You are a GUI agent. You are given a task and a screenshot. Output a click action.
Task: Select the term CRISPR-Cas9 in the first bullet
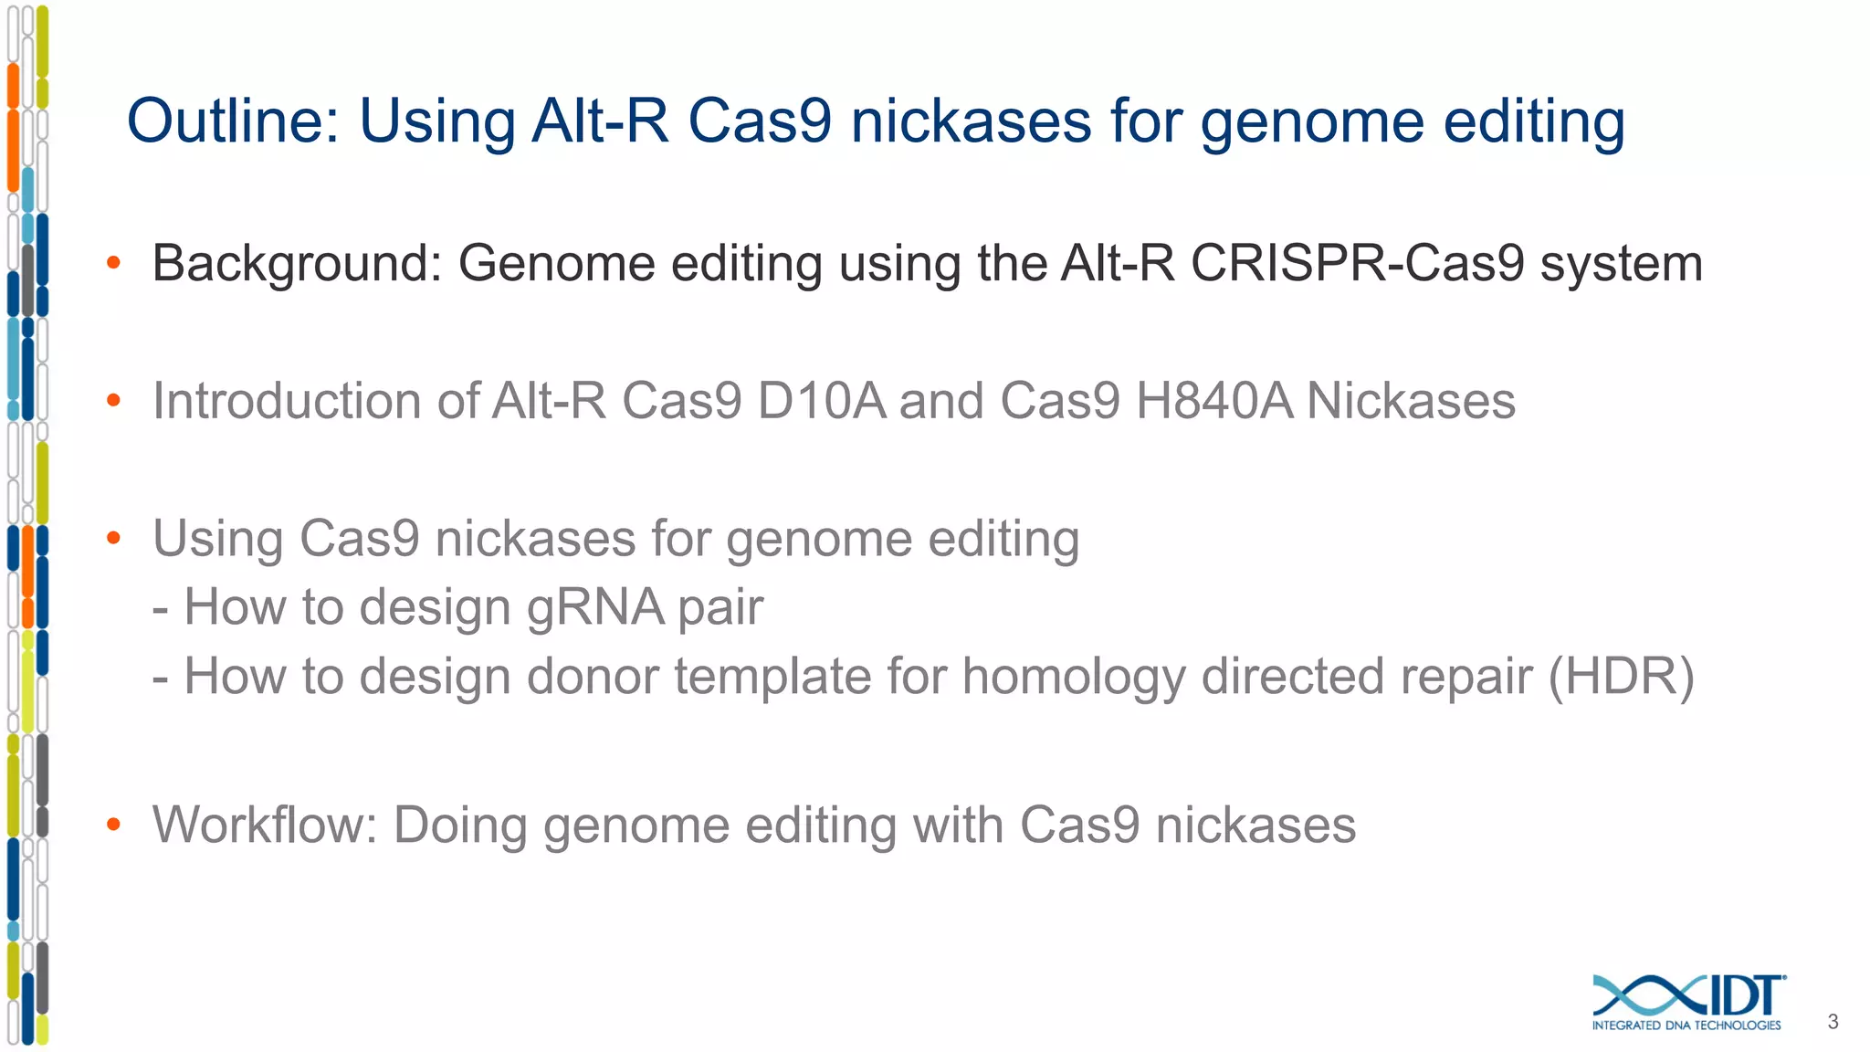tap(1357, 264)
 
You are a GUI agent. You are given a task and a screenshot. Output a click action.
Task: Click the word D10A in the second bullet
tap(821, 401)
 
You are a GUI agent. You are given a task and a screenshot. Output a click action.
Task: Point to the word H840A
tap(1213, 401)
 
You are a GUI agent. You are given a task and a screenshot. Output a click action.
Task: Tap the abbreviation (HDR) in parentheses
tap(1621, 677)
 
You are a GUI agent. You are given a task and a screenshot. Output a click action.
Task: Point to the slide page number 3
tap(1833, 1022)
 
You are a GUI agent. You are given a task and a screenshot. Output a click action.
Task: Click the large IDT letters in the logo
tap(1744, 995)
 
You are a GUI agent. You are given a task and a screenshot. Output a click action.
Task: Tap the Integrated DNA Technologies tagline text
tap(1686, 1026)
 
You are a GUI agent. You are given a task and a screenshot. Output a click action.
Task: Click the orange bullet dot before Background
tap(113, 263)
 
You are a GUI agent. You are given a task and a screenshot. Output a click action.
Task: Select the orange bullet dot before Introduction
tap(113, 400)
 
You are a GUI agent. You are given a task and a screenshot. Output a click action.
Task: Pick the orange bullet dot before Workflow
tap(113, 825)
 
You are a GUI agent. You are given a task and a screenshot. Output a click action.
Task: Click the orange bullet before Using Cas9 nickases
tap(113, 538)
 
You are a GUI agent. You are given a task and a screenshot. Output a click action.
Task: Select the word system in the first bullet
tap(1621, 265)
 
